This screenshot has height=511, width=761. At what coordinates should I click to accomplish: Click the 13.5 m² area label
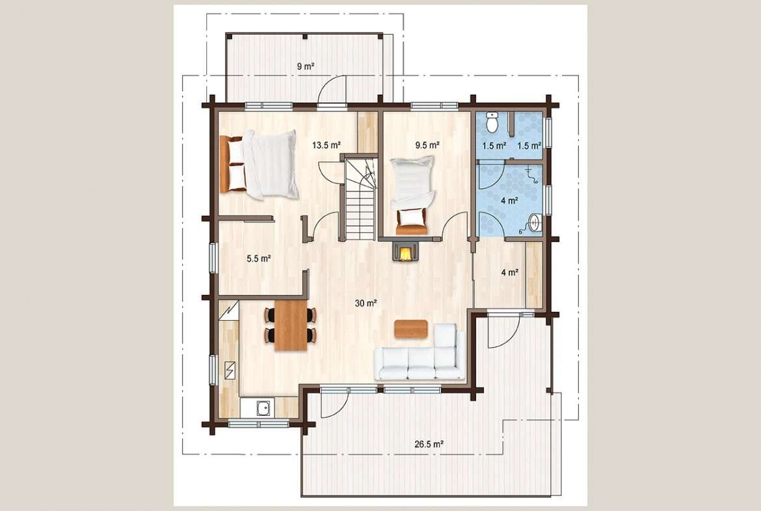326,145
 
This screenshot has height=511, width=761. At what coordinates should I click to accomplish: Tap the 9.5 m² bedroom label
427,145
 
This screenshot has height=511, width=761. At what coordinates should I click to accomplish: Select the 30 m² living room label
366,303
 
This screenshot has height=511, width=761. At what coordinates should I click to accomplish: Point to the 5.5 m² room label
259,258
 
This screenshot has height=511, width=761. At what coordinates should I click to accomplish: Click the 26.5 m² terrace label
429,443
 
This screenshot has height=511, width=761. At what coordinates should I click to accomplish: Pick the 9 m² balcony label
306,66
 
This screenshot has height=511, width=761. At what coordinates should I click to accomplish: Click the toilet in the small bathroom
492,122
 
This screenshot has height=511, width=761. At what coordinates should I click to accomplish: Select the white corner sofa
420,353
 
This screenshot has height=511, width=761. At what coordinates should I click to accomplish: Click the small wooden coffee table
410,329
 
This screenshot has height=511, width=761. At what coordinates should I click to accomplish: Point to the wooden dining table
291,325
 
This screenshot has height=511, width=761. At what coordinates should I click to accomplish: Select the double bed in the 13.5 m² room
260,164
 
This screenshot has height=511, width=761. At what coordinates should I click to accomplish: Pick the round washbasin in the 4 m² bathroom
535,223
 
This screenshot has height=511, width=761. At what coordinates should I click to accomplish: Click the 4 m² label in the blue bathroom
509,200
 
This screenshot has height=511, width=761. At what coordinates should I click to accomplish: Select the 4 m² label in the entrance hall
509,273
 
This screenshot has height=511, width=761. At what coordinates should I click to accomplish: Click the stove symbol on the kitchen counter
230,370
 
